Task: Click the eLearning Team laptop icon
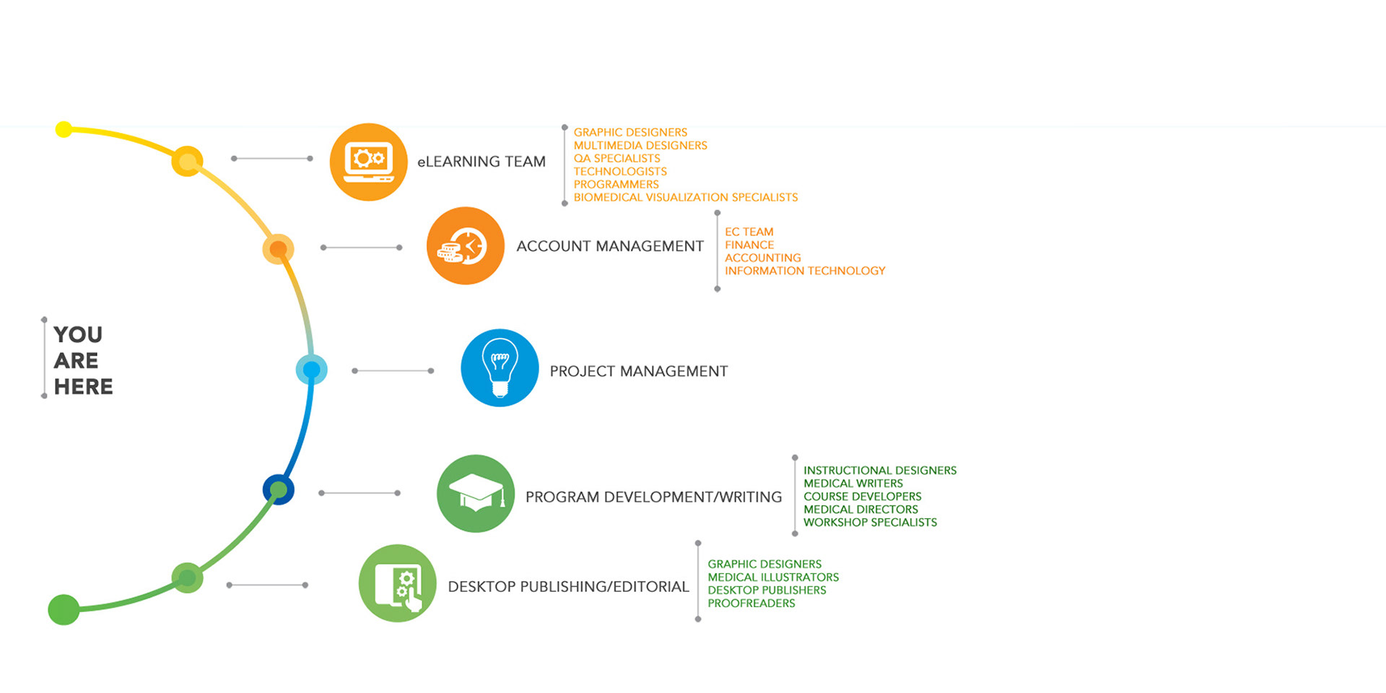[368, 162]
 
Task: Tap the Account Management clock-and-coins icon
[466, 246]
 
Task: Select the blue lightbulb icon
[500, 368]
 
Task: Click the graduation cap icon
[476, 494]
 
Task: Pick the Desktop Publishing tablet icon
[398, 583]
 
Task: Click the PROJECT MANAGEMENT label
[638, 371]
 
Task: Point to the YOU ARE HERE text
[82, 360]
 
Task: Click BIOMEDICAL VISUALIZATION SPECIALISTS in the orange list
[685, 197]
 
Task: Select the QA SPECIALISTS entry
[616, 158]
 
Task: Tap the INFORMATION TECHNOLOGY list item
[804, 271]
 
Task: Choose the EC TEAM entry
[749, 232]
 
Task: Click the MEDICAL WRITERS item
[853, 483]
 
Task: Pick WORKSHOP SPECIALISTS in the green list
[870, 522]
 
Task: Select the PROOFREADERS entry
[751, 603]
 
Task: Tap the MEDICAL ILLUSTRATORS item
[772, 577]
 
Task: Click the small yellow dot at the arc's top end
[64, 129]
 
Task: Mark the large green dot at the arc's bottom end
[64, 610]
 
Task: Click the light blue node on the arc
[312, 370]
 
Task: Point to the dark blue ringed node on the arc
[279, 489]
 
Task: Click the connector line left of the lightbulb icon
[393, 371]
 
